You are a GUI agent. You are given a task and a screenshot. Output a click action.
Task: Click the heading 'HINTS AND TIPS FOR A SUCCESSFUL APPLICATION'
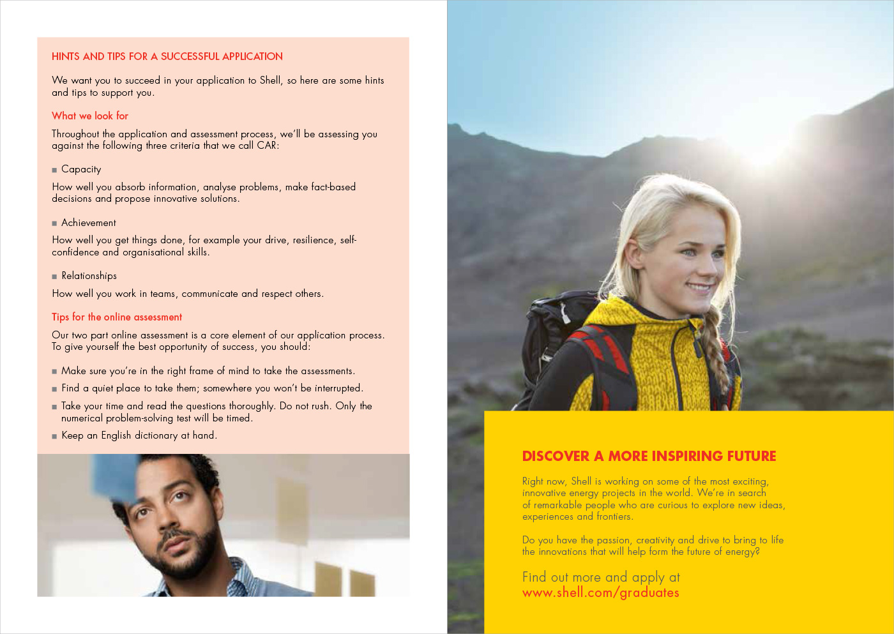pos(167,56)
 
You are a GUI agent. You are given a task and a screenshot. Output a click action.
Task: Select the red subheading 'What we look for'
pos(90,116)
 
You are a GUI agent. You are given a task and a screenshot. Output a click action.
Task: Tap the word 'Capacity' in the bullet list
pos(81,169)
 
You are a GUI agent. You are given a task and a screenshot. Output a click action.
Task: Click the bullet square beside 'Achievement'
pos(54,223)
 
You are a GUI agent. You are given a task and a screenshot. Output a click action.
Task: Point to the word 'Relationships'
pos(89,276)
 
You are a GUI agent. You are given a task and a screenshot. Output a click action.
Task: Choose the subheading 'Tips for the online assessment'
pos(117,317)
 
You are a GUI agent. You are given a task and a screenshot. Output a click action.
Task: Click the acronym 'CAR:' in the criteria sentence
pos(268,146)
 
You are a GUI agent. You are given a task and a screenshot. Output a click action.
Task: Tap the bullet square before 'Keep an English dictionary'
pos(54,436)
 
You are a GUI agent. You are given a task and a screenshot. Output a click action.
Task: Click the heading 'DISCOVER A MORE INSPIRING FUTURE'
pos(649,456)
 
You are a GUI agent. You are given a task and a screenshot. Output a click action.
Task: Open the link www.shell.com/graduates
pos(600,592)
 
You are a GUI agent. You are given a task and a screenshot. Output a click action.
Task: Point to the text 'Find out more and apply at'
pos(601,577)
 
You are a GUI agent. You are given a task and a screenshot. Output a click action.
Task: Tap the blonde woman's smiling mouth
pos(701,287)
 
